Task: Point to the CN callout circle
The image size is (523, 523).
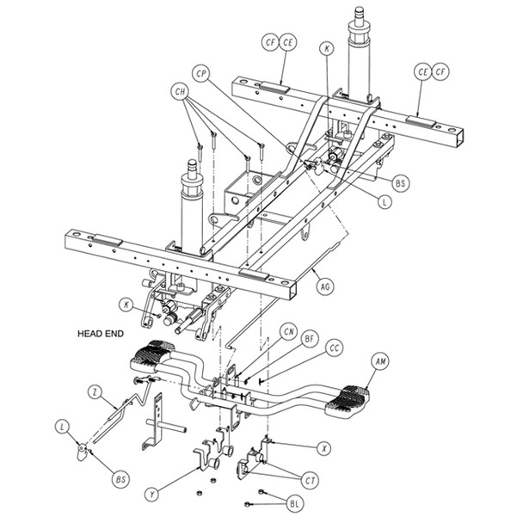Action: pyautogui.click(x=290, y=332)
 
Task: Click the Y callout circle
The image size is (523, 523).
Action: pyautogui.click(x=152, y=494)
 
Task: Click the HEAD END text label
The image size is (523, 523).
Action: pyautogui.click(x=102, y=333)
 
